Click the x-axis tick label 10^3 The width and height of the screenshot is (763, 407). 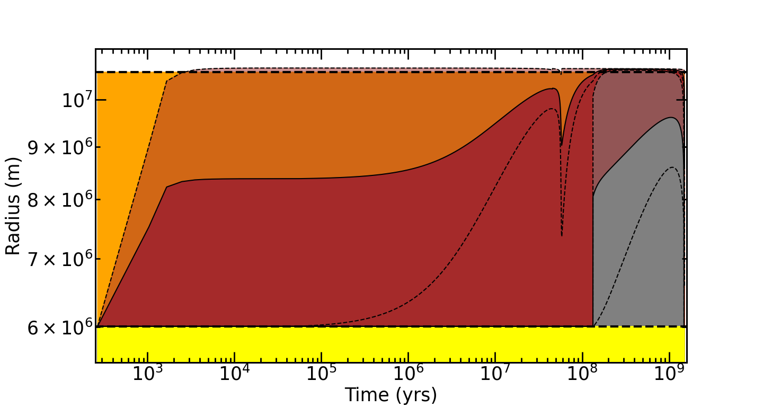point(147,374)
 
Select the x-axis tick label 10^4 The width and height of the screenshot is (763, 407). point(234,374)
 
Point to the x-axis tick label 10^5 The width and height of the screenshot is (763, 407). point(321,374)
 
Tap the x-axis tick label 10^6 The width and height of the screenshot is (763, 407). point(407,374)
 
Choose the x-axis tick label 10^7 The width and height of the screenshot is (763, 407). point(494,374)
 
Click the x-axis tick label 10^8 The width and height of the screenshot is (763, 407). point(581,374)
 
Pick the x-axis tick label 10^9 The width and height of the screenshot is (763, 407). point(668,374)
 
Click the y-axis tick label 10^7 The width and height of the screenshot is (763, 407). point(76,100)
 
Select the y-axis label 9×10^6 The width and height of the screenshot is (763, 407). point(59,148)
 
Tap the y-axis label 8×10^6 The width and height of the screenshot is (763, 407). point(59,201)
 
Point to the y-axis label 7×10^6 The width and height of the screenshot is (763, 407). point(59,260)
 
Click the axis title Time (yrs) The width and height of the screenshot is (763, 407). point(391,395)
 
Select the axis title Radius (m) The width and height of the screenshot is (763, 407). point(13,206)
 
